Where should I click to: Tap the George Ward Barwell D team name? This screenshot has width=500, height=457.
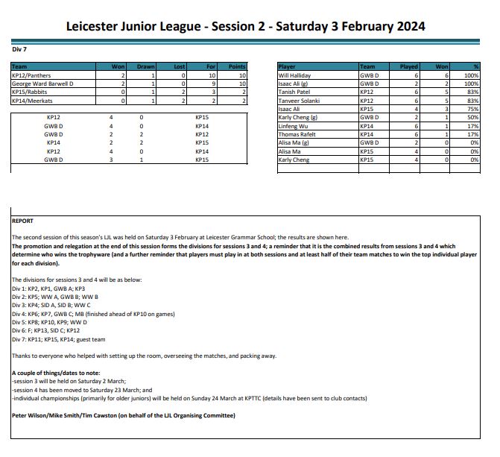pyautogui.click(x=42, y=83)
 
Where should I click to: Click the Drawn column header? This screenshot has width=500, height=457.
pyautogui.click(x=145, y=67)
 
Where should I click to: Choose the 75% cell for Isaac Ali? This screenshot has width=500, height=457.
pyautogui.click(x=471, y=109)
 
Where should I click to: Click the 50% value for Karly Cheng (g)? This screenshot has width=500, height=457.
pyautogui.click(x=471, y=117)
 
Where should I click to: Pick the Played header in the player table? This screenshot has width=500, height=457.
pyautogui.click(x=409, y=67)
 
